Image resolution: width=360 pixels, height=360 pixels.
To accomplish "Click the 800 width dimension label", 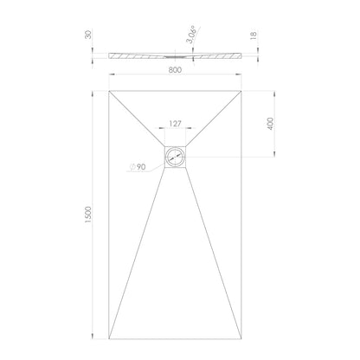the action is [x=175, y=70].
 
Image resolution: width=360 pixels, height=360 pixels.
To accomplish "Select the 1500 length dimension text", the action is [x=87, y=215].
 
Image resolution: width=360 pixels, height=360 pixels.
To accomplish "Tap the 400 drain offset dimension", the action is [x=270, y=124].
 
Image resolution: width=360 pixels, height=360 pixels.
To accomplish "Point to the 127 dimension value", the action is [x=175, y=124].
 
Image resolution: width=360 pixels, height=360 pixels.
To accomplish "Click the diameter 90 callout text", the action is [x=138, y=167].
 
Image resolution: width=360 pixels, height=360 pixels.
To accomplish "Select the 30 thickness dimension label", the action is [x=88, y=35].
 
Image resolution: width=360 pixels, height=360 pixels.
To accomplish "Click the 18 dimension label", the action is [x=254, y=35].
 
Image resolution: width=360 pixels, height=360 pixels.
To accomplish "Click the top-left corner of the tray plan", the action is [x=109, y=91].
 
